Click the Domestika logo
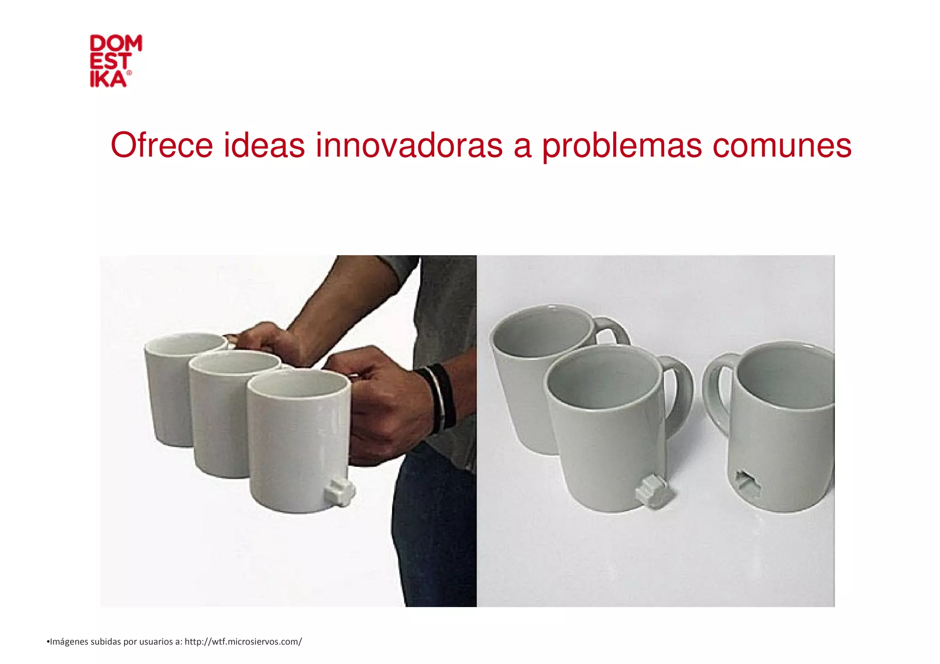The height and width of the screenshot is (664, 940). (116, 61)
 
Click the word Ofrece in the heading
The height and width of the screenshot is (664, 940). (162, 145)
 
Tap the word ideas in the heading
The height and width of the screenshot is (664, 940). (264, 145)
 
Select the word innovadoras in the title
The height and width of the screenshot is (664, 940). (409, 145)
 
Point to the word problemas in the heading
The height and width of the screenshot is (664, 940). (622, 145)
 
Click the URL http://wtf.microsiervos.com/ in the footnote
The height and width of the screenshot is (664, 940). (243, 642)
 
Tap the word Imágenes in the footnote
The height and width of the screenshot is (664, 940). (69, 642)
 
